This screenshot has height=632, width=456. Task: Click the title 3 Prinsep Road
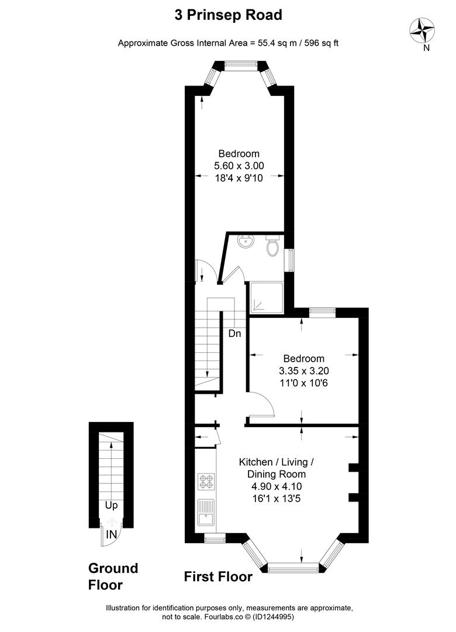[228, 15]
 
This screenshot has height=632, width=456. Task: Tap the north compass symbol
[422, 31]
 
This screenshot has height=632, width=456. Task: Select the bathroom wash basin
[245, 242]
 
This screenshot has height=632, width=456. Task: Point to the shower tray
[267, 297]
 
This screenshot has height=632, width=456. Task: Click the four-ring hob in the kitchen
[206, 482]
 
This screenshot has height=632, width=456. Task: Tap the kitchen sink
[206, 511]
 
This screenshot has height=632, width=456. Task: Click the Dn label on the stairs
[234, 334]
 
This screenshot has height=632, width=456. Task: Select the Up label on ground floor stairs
[111, 506]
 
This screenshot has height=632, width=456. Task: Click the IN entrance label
[111, 534]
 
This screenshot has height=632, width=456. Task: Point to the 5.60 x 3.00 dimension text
[239, 166]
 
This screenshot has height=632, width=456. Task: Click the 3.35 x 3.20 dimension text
[304, 370]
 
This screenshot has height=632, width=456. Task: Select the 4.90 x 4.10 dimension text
[277, 486]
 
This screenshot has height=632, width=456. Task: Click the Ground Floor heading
[113, 576]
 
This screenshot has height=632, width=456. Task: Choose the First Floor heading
[218, 577]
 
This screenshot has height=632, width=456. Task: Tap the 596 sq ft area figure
[322, 43]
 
